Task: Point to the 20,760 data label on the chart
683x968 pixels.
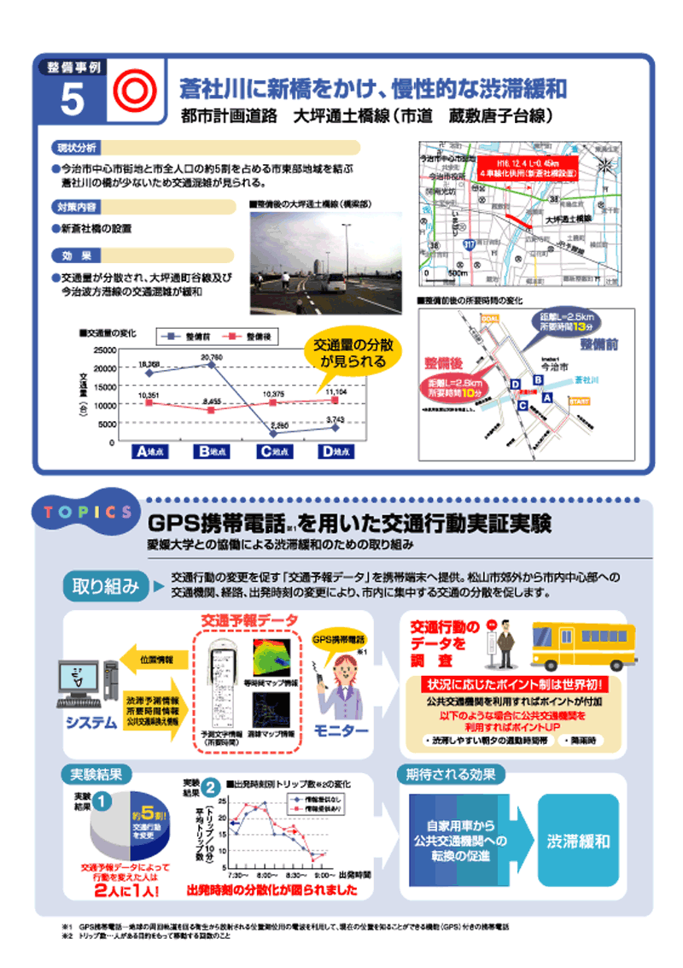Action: pyautogui.click(x=212, y=357)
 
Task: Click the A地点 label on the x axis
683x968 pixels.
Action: pyautogui.click(x=150, y=451)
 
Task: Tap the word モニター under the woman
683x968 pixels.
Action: pyautogui.click(x=341, y=731)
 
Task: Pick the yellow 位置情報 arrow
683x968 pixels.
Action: pyautogui.click(x=153, y=659)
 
